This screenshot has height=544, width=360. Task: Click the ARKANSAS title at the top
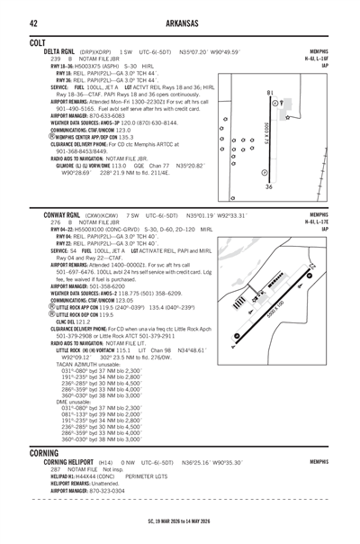tap(180, 21)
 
